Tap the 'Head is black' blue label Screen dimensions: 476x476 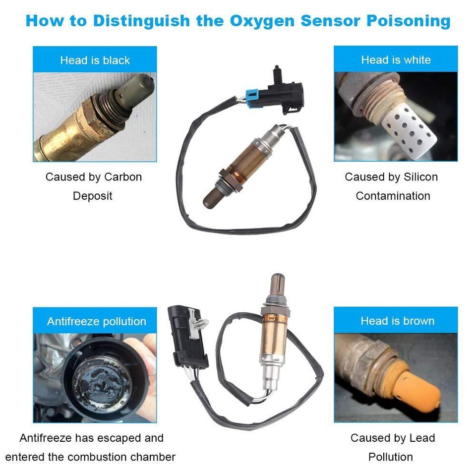(95, 60)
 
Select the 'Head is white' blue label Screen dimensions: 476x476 (396, 59)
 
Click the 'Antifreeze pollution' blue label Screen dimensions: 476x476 (96, 321)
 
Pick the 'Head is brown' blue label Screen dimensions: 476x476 (397, 321)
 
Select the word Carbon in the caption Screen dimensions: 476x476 (123, 177)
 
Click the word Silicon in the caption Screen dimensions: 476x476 (419, 177)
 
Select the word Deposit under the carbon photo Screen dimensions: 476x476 (93, 196)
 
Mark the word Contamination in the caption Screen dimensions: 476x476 (392, 196)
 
